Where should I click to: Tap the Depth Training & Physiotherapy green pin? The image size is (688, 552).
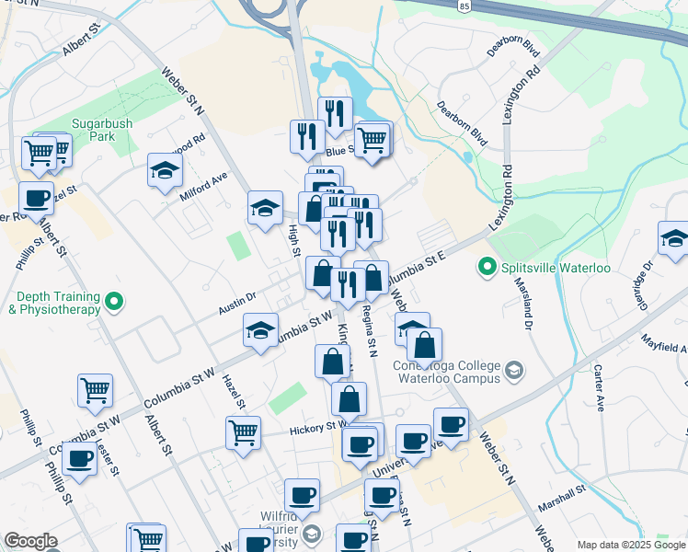click(x=115, y=301)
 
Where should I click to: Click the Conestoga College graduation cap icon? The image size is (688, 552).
click(x=514, y=370)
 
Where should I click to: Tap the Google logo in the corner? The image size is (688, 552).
click(x=30, y=541)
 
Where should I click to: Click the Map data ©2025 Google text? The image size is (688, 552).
click(x=630, y=545)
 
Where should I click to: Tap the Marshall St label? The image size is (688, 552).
click(x=562, y=491)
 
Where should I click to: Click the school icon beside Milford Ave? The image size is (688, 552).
click(x=165, y=169)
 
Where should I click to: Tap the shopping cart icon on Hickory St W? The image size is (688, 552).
click(x=243, y=430)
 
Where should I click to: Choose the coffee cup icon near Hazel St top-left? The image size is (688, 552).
click(x=37, y=197)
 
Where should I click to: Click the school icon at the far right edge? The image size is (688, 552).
click(x=674, y=237)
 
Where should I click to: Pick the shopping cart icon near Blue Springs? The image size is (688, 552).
click(x=373, y=140)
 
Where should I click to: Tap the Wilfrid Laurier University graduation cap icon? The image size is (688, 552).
click(x=312, y=535)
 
